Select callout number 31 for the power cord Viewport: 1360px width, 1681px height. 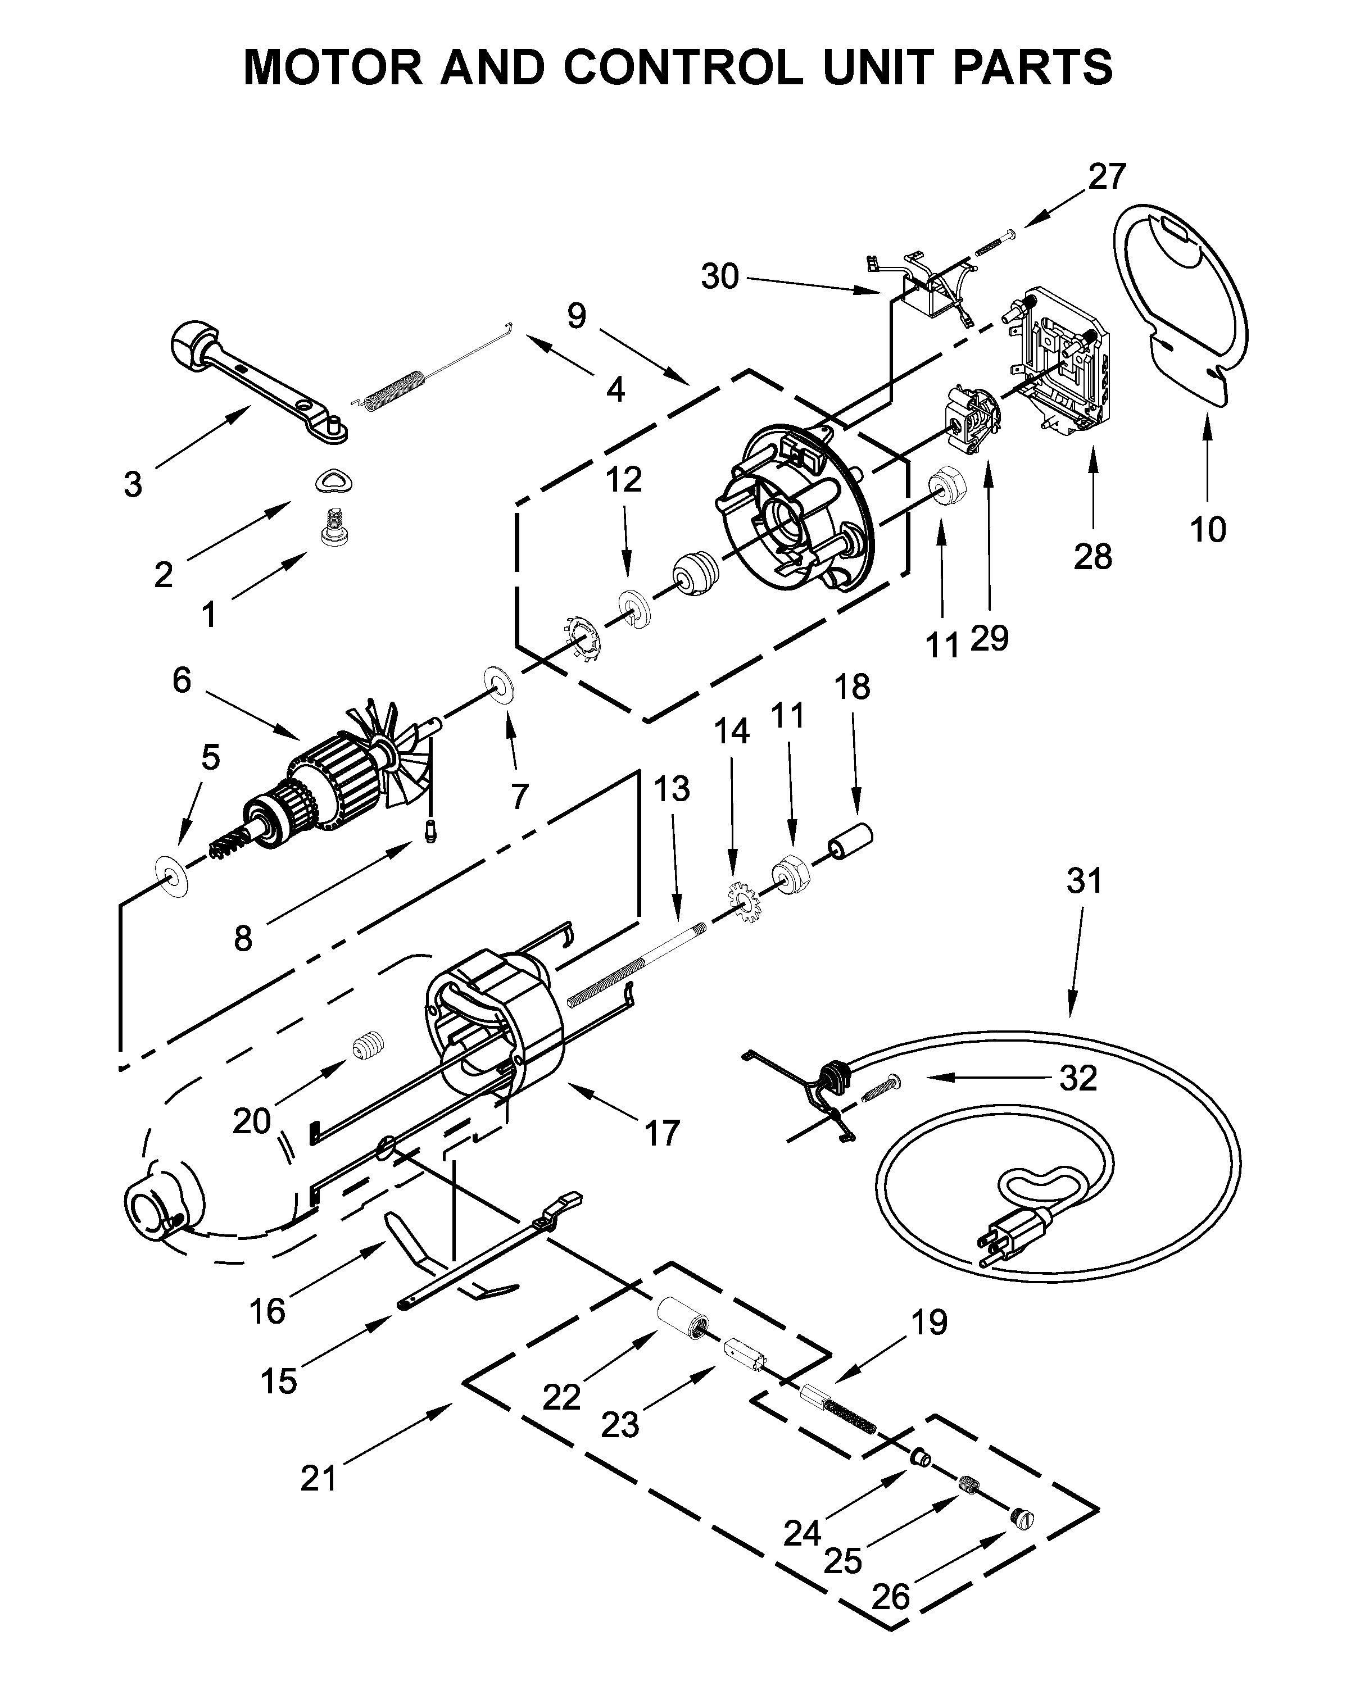pos(1084,881)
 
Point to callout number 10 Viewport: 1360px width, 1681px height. pos(1207,530)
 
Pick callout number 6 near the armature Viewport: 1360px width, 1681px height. pos(182,680)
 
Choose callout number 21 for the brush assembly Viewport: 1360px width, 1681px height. pos(319,1479)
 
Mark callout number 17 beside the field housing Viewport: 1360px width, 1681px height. pos(662,1133)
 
